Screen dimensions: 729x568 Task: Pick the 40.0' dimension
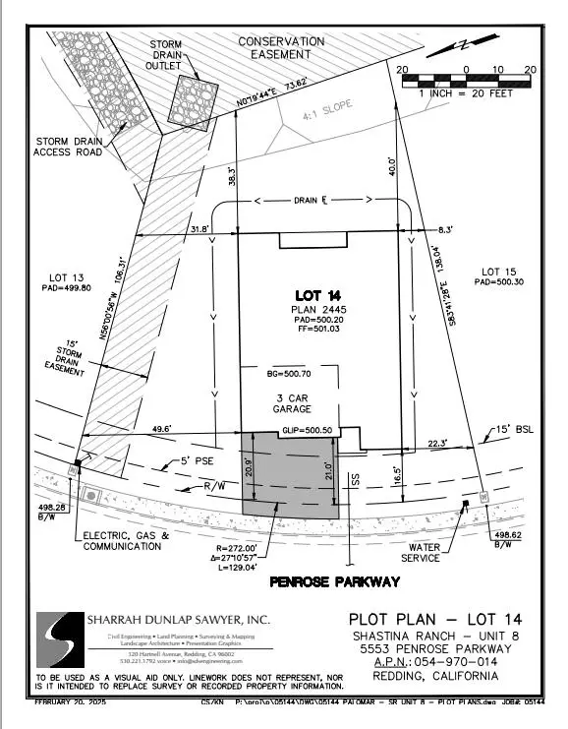click(x=392, y=166)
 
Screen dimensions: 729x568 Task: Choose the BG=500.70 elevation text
click(x=294, y=375)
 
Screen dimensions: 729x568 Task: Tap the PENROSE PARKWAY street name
click(x=334, y=582)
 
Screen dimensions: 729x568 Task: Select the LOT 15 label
click(x=494, y=271)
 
